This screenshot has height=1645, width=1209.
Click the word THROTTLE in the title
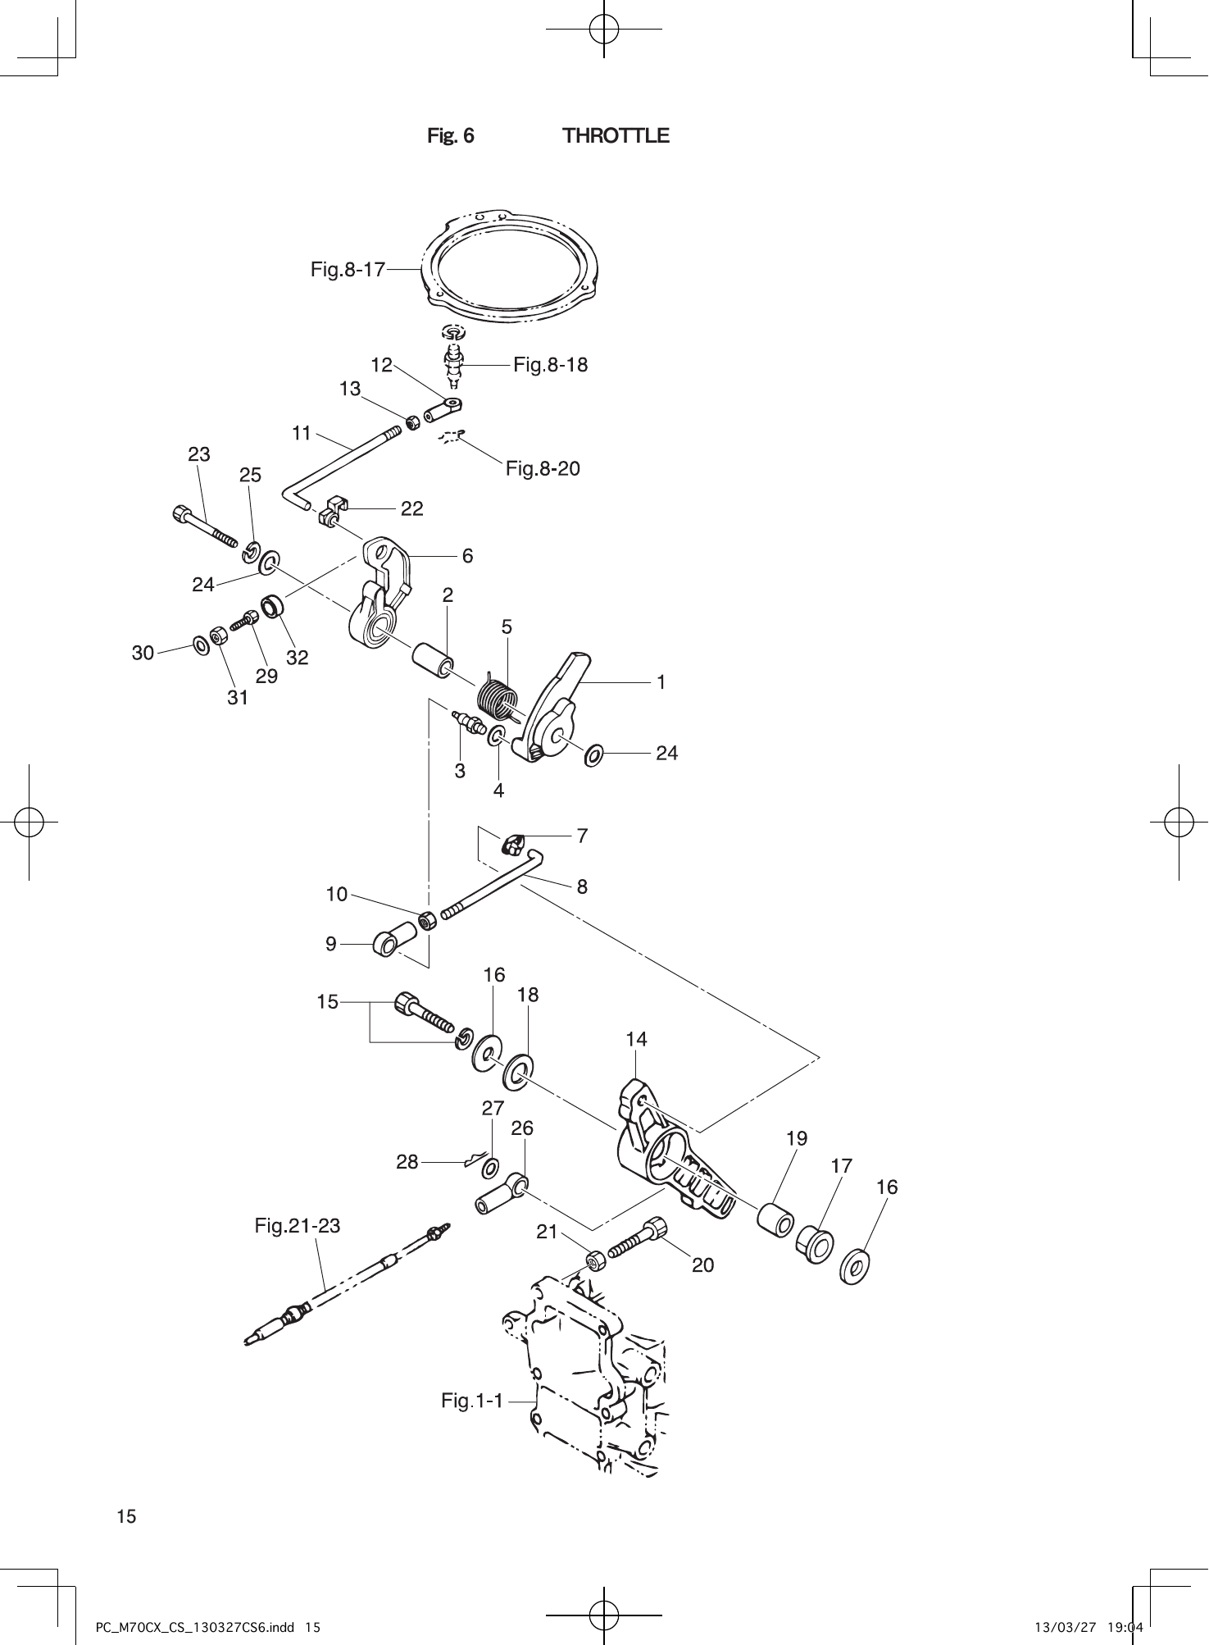(x=616, y=136)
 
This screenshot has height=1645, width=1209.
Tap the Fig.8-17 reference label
(x=348, y=269)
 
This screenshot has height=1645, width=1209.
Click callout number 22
(x=412, y=509)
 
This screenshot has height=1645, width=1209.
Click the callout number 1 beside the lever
(x=661, y=681)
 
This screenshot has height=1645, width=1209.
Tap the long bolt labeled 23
(x=206, y=526)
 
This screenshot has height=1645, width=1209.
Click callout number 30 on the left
(x=143, y=653)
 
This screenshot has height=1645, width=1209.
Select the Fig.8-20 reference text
(x=543, y=468)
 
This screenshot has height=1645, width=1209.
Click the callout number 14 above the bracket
(x=636, y=1040)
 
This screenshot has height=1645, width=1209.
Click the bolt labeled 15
(x=424, y=1013)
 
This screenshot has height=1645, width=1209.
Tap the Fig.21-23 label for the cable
(x=297, y=1226)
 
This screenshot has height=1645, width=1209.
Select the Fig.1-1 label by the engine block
(x=472, y=1401)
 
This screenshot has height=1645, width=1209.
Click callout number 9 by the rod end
(x=331, y=944)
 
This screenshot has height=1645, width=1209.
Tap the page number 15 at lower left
(x=127, y=1516)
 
